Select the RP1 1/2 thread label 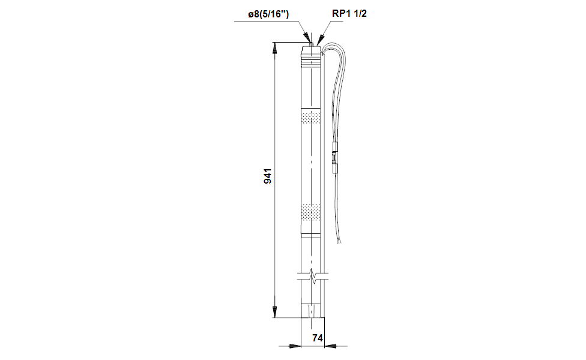coord(349,13)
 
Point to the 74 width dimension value coord(318,338)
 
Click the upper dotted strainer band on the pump coord(310,118)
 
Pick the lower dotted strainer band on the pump coord(310,211)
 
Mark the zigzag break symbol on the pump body coord(312,276)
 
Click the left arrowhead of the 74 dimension coord(295,346)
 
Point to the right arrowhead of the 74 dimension coord(328,346)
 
